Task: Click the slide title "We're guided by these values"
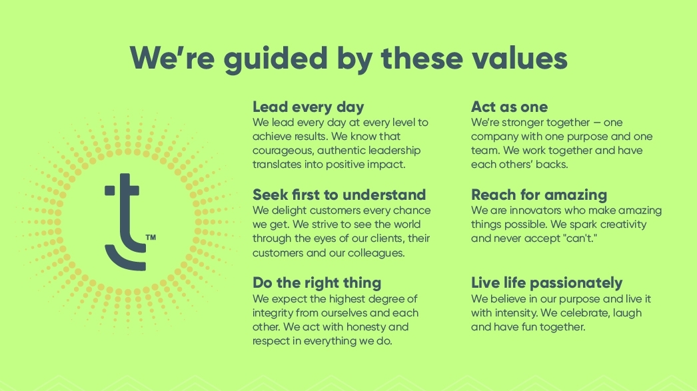[x=348, y=57]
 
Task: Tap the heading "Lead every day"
[x=308, y=107]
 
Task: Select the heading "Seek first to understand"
[x=339, y=195]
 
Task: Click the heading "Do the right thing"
[x=317, y=282]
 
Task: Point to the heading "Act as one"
[x=509, y=107]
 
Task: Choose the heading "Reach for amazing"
[x=538, y=195]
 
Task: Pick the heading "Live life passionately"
[x=546, y=282]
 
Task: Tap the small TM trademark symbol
[x=151, y=236]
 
